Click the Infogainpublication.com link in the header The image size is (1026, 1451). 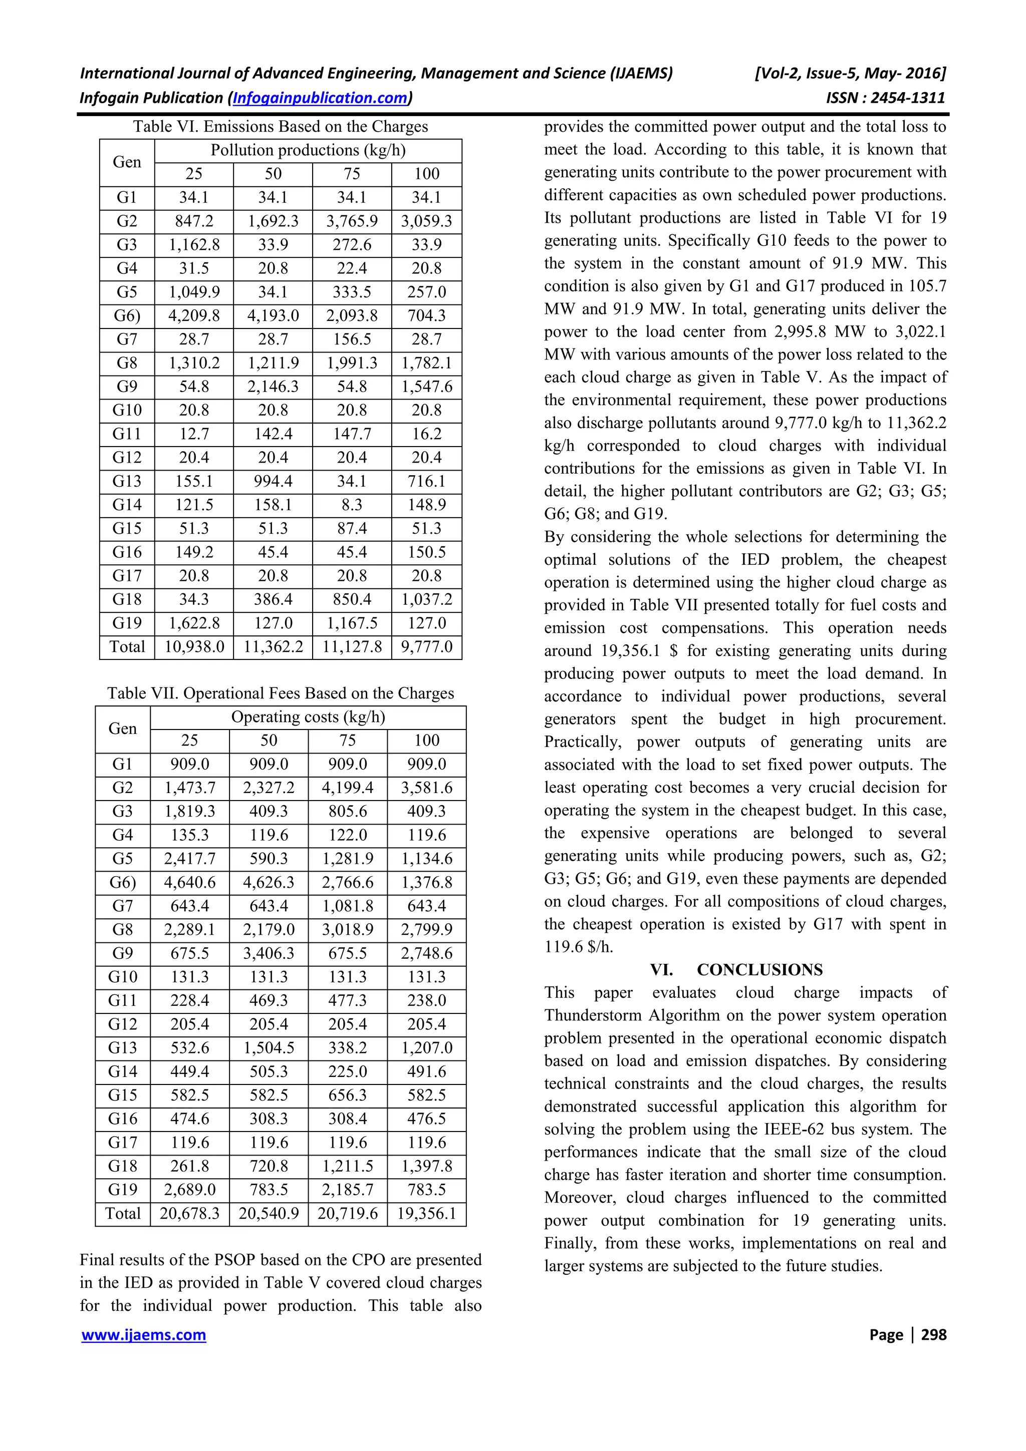point(321,98)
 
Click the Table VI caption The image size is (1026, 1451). point(280,126)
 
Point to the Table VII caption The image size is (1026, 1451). point(280,693)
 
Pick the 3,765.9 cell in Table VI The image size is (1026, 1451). point(352,221)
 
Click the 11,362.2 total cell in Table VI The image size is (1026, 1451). point(273,647)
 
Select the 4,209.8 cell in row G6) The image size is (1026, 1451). point(193,315)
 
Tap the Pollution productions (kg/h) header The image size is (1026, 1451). point(308,150)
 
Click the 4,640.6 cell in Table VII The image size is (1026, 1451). point(190,882)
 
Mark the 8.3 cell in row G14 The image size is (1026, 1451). point(352,505)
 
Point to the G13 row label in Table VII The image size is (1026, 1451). point(123,1048)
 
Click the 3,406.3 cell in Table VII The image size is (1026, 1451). point(269,953)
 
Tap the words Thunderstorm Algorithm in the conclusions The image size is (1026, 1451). point(632,1015)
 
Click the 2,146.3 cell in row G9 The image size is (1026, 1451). point(273,387)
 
